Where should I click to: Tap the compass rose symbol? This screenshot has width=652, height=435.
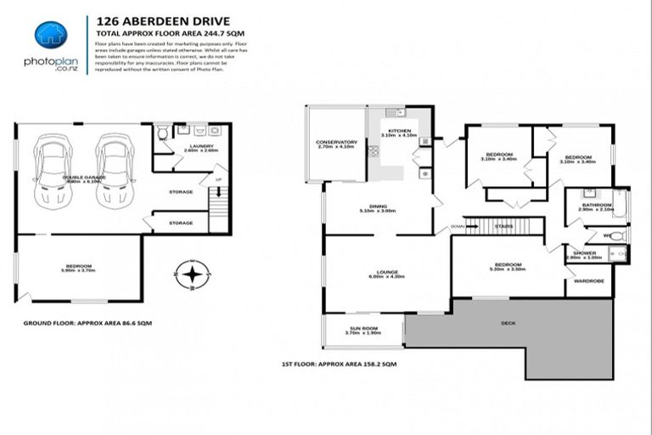(x=194, y=273)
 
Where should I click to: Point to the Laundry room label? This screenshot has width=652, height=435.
(x=201, y=148)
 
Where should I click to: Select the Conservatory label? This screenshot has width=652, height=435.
(x=336, y=144)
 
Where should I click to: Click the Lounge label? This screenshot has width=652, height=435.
(x=383, y=274)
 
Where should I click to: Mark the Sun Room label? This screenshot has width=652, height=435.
(x=363, y=330)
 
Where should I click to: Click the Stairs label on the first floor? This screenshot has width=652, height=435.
(x=503, y=226)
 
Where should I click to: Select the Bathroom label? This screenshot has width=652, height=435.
(x=595, y=206)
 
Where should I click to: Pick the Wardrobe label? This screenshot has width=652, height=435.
(x=588, y=280)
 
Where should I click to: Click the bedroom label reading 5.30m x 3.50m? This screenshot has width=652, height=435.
(x=508, y=266)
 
